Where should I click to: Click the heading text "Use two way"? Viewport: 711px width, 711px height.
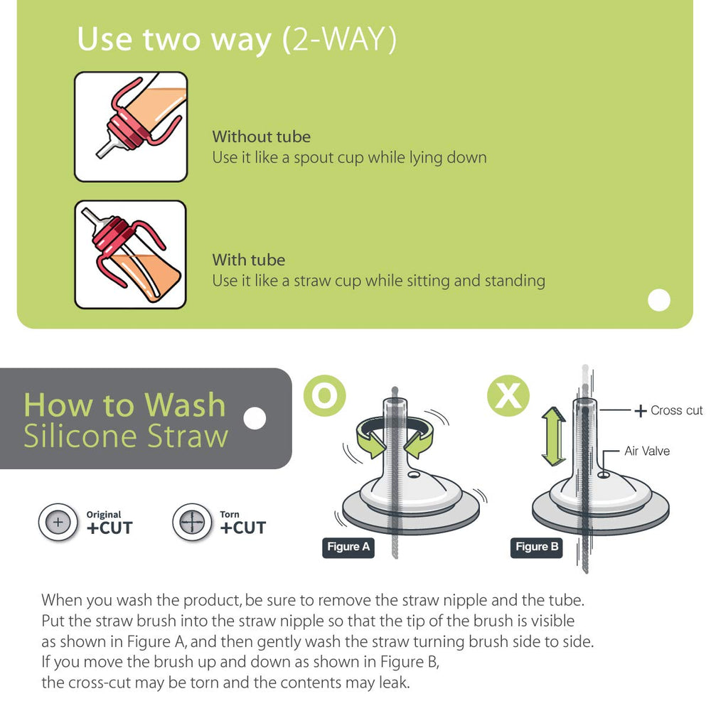click(174, 40)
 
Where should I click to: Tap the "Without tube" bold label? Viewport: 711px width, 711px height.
click(261, 137)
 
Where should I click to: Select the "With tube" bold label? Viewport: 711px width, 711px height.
click(248, 260)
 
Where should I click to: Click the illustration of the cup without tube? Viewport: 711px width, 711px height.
click(131, 127)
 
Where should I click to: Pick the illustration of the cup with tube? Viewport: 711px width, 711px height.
click(130, 255)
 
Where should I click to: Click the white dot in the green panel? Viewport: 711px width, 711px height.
click(659, 301)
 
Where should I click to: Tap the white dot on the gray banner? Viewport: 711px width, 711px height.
click(254, 419)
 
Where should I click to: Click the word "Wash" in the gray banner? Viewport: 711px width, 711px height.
click(185, 405)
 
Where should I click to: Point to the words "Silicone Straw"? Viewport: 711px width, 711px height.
click(126, 436)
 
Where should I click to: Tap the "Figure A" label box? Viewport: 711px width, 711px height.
click(348, 547)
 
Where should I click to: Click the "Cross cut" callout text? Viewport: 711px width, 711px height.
click(675, 410)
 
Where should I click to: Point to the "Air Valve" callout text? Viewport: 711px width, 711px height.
click(646, 451)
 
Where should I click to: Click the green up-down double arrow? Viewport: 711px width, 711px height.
click(552, 437)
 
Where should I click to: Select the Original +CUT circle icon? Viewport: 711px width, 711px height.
click(58, 523)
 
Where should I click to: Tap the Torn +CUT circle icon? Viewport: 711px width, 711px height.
click(192, 523)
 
